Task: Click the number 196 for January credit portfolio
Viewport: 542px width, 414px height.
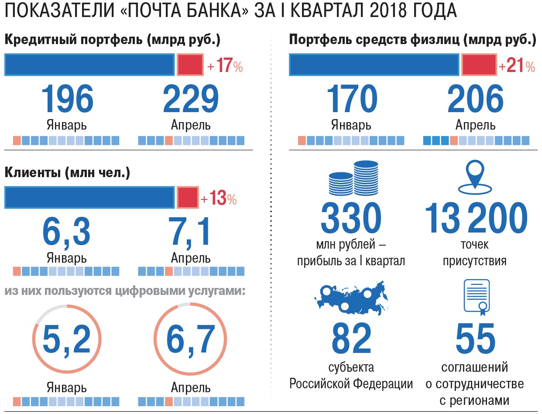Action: coord(68,100)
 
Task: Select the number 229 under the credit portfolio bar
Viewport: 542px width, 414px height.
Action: coord(191,100)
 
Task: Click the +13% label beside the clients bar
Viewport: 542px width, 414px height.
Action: coord(219,198)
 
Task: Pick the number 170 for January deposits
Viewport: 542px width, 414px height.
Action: coord(352,100)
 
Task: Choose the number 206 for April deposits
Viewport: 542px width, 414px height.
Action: coord(475,100)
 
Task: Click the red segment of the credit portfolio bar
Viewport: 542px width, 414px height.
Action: coord(190,65)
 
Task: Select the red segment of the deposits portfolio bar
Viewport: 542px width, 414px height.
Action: coord(479,65)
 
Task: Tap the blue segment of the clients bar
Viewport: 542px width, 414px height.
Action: coord(89,197)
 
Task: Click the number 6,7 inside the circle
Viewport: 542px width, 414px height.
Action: coord(191,339)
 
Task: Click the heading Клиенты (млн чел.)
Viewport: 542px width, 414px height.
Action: coord(67,173)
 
